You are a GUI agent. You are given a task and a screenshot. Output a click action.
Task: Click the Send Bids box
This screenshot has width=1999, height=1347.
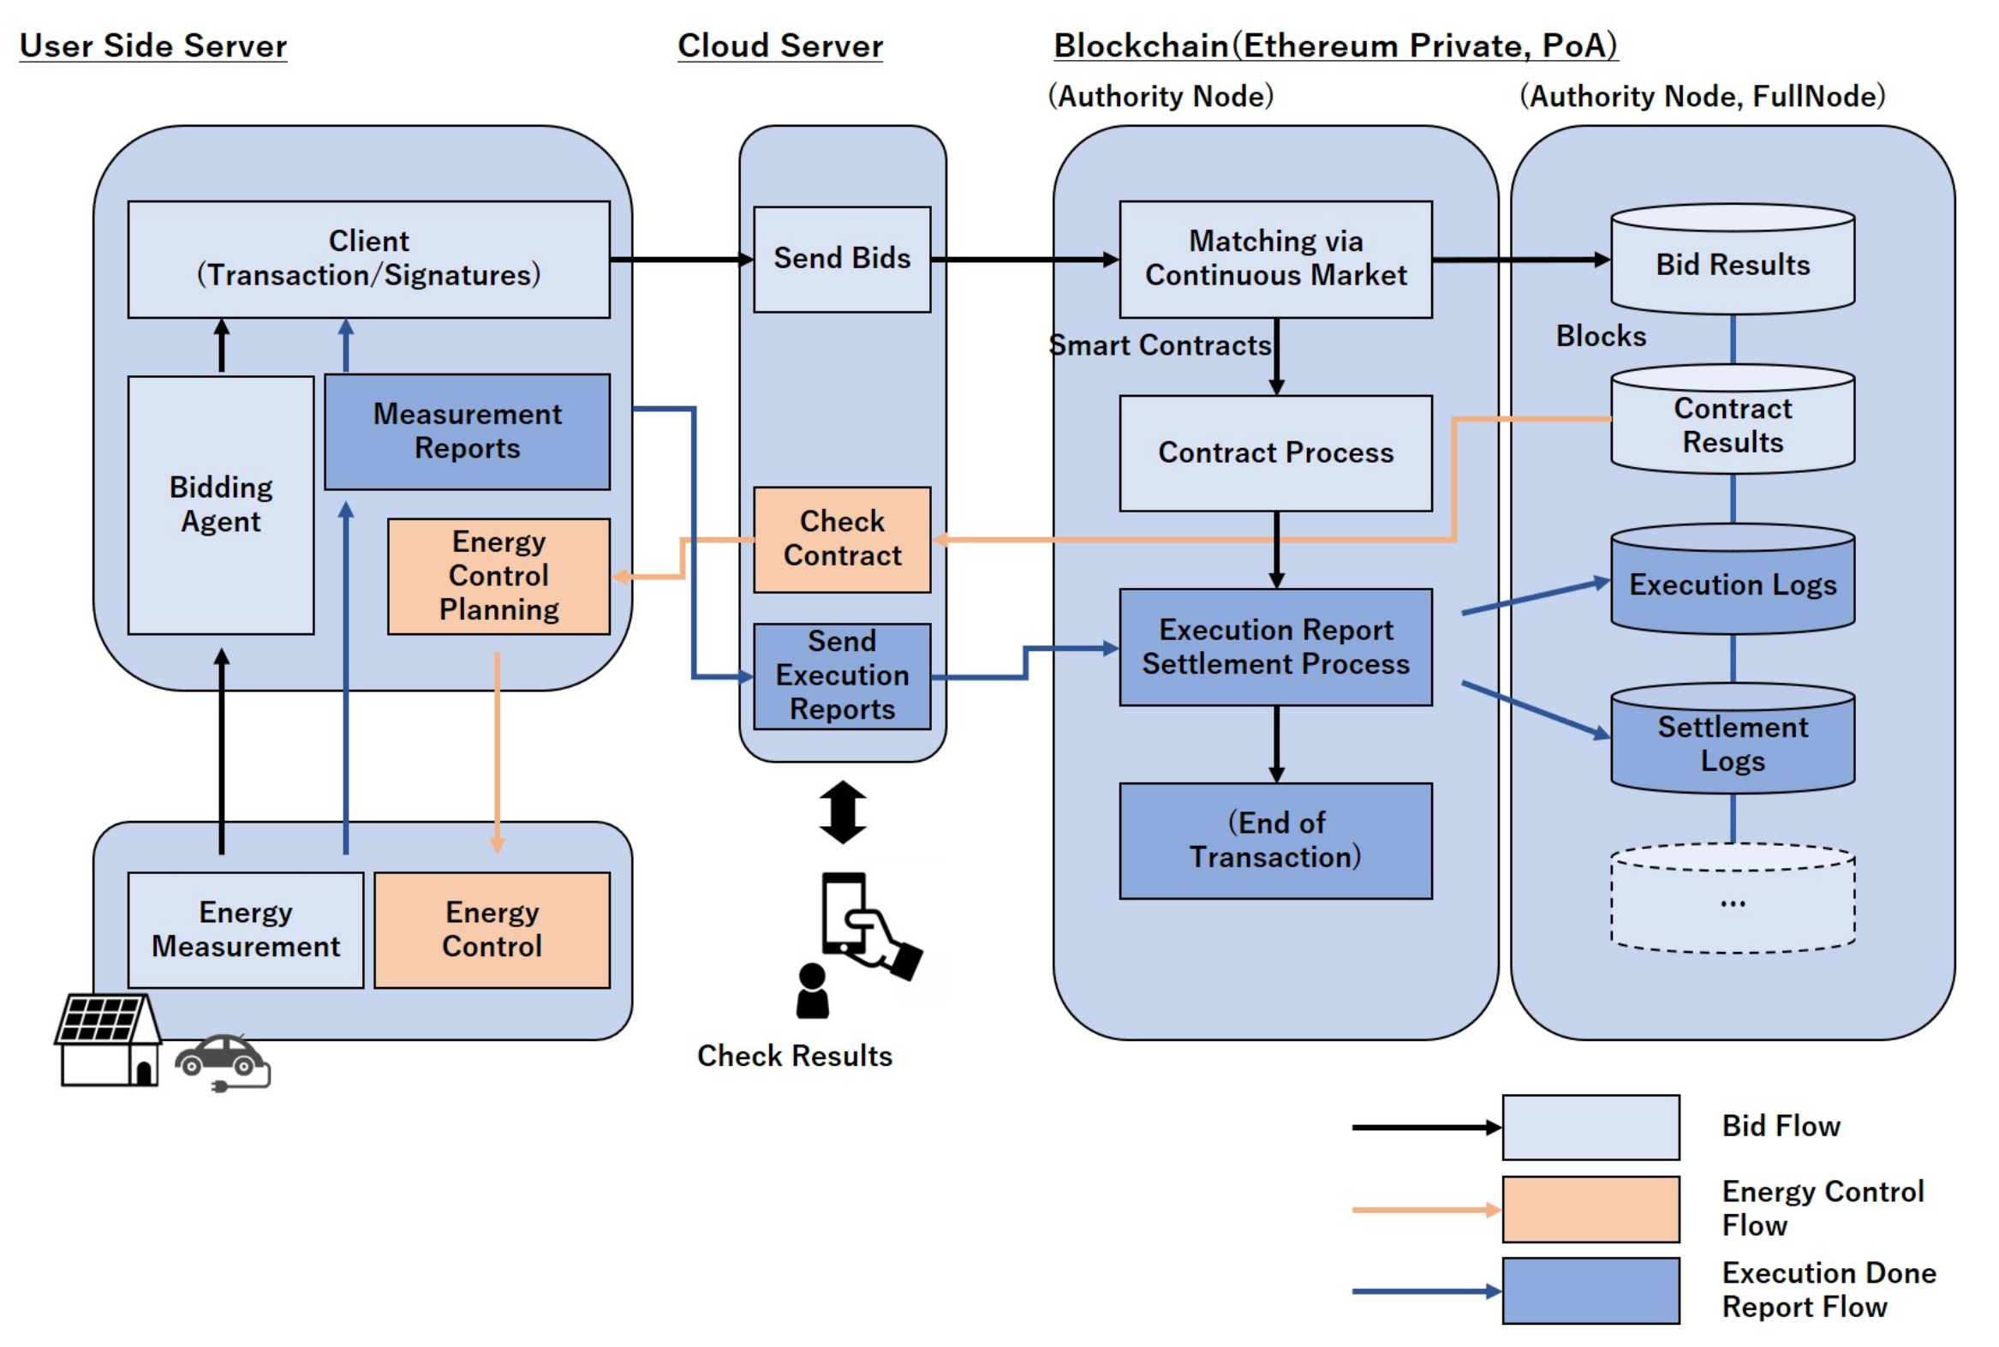[x=842, y=259]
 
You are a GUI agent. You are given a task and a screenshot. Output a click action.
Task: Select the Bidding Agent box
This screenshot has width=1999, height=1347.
[x=221, y=506]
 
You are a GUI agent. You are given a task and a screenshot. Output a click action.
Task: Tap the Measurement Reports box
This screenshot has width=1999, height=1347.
[x=467, y=431]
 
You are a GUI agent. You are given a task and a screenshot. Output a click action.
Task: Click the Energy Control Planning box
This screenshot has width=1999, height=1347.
[x=498, y=576]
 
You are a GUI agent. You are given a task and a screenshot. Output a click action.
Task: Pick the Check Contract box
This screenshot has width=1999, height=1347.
[x=842, y=539]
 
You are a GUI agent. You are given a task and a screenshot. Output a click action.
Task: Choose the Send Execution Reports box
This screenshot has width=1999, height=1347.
[x=842, y=675]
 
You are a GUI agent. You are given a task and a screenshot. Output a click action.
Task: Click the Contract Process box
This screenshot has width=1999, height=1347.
[x=1275, y=452]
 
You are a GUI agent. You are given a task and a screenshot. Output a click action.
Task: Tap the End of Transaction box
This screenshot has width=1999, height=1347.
[x=1275, y=840]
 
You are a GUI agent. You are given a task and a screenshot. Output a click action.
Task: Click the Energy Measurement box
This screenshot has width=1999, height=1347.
[x=246, y=930]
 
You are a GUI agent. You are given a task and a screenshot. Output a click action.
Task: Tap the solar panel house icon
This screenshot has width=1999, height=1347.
[x=108, y=1040]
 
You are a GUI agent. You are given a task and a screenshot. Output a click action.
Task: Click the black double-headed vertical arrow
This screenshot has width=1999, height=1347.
[x=843, y=811]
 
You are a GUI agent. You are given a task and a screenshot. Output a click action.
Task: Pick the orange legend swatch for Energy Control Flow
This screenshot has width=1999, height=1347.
[x=1590, y=1209]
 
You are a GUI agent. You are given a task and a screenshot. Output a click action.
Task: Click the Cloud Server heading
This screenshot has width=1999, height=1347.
[x=779, y=45]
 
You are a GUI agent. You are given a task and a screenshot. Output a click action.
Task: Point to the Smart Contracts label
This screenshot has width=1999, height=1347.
[x=1159, y=345]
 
